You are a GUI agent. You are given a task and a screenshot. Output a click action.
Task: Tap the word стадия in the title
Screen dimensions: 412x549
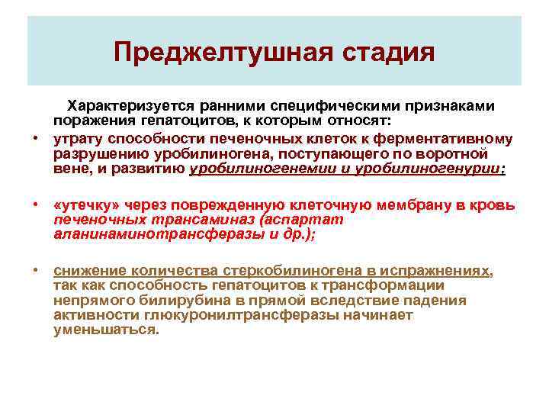pyautogui.click(x=393, y=53)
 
